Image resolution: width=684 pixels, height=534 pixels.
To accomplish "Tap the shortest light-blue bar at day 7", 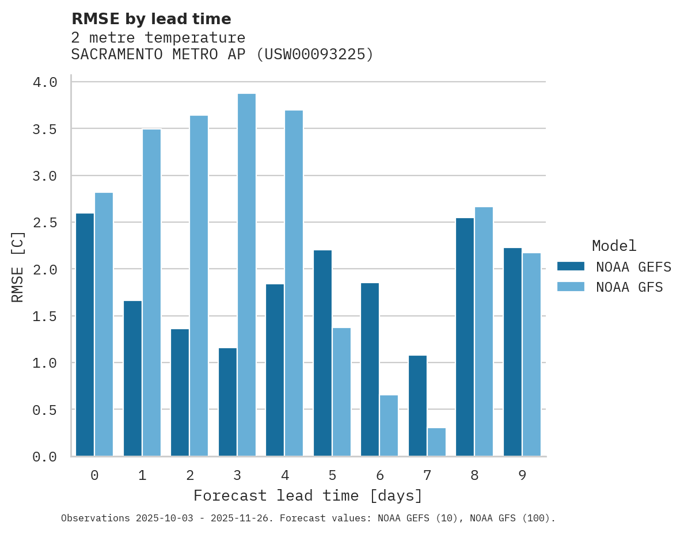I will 436,442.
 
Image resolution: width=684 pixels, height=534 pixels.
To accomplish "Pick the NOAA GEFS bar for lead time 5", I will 322,353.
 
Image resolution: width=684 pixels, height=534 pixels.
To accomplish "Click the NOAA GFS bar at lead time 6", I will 389,426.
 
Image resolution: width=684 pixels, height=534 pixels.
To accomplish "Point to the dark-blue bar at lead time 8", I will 465,337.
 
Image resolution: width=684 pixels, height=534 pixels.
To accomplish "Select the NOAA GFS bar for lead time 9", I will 531,354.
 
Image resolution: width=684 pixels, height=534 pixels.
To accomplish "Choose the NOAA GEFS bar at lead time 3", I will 227,402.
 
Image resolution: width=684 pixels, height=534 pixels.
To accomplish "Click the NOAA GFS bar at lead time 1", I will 151,293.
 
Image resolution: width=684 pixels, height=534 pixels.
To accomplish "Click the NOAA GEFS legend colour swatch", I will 571,266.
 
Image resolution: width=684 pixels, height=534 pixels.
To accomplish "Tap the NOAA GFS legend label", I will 629,287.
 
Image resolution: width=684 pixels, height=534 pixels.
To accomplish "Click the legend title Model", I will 614,246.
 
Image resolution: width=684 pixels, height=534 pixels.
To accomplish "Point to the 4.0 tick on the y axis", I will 45,82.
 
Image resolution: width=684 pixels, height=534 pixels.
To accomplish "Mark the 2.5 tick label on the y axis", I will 45,223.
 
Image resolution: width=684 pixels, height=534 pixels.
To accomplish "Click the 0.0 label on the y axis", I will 45,457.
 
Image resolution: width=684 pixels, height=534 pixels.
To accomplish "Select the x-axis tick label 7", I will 427,475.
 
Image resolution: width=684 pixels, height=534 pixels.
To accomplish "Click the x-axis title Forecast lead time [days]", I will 308,495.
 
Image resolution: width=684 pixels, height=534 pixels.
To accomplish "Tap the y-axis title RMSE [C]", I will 18,266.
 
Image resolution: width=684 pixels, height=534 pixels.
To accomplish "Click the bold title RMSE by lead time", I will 151,19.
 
